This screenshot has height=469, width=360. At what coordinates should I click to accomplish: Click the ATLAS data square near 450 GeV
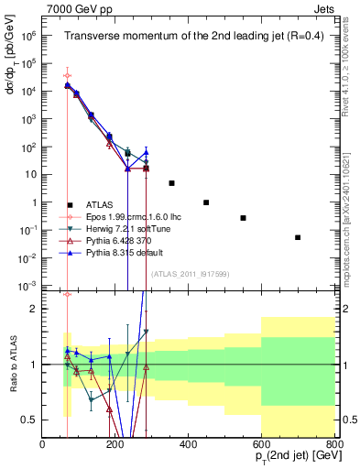[207, 202]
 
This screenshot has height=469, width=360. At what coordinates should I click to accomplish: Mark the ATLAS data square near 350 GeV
[171, 183]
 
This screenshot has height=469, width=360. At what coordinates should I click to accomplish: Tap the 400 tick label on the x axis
[189, 445]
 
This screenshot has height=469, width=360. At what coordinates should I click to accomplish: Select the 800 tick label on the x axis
[334, 445]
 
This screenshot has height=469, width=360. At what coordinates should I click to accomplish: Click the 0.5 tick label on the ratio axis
[30, 420]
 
